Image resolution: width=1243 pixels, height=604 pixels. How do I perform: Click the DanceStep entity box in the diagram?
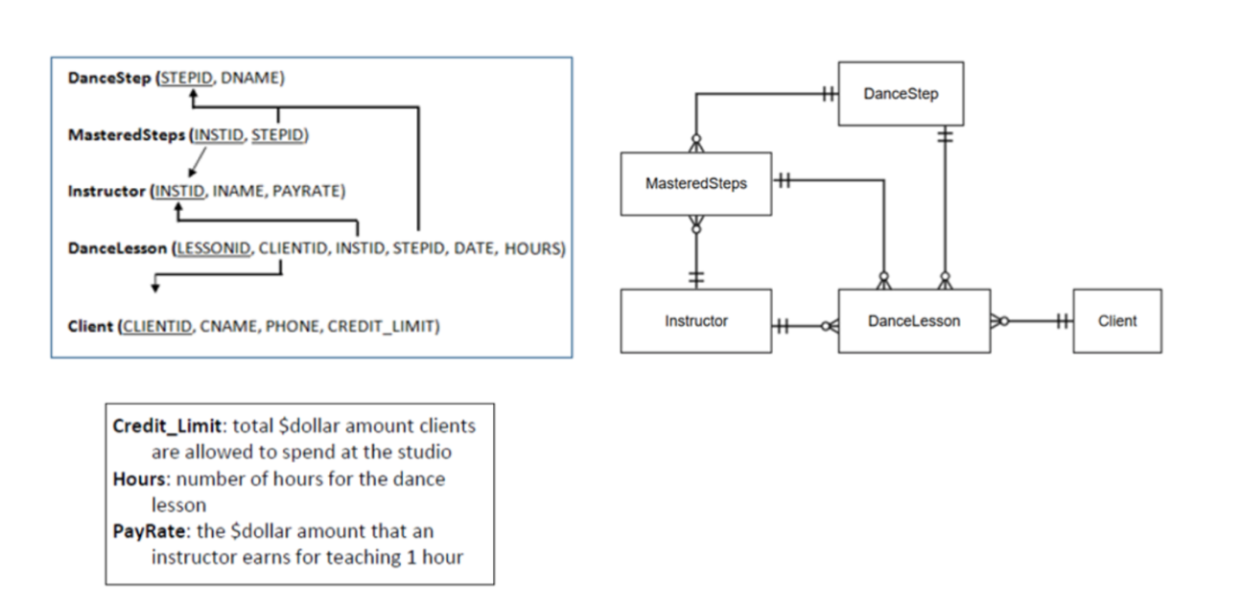[901, 94]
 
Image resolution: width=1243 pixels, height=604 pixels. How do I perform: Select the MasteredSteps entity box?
[696, 183]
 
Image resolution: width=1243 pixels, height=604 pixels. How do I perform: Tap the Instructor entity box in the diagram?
[696, 321]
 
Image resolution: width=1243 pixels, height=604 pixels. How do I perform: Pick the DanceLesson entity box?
[914, 321]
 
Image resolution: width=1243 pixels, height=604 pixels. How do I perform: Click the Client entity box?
[1117, 321]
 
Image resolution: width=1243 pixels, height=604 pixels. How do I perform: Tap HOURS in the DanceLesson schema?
[534, 249]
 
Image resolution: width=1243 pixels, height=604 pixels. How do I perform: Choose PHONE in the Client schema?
[294, 326]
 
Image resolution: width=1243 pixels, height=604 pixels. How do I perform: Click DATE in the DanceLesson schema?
[471, 249]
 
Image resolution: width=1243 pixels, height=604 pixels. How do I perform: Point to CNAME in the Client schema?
[230, 326]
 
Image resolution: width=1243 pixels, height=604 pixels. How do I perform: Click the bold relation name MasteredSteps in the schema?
[127, 135]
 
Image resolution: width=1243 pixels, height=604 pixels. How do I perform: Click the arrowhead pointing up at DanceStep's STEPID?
[193, 96]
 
